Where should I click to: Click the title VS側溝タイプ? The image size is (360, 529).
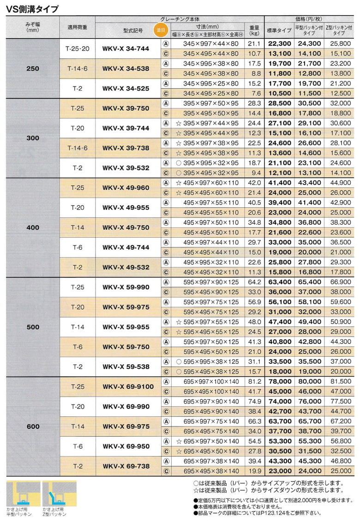[x=32, y=8]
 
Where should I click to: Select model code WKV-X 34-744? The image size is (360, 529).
[x=126, y=48]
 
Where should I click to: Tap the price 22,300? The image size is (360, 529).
[x=279, y=43]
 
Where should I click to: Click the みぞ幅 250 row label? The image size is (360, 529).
[x=33, y=68]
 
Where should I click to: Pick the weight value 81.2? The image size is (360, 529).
[x=254, y=382]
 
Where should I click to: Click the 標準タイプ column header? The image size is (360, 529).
[x=279, y=30]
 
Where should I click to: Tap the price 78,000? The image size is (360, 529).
[x=279, y=382]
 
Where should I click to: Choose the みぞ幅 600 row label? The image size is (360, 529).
[x=33, y=427]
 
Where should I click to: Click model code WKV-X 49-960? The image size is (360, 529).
[x=126, y=188]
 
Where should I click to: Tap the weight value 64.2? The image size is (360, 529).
[x=254, y=282]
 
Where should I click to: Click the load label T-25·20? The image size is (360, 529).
[x=77, y=48]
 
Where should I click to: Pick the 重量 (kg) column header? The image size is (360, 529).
[x=254, y=30]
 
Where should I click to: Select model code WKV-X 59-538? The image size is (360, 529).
[x=126, y=367]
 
